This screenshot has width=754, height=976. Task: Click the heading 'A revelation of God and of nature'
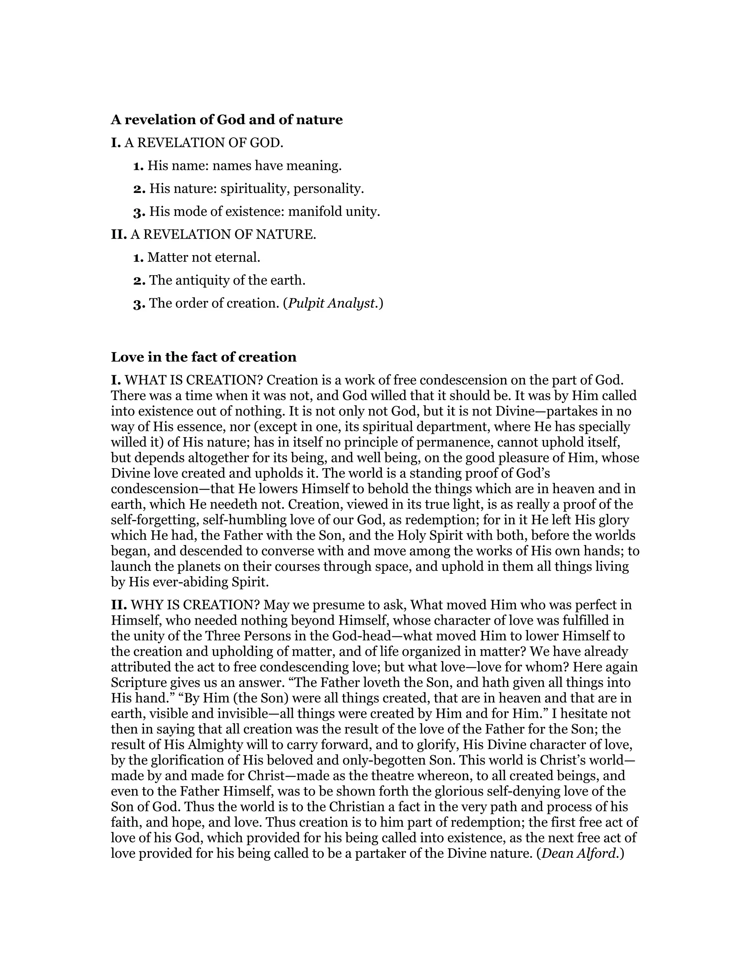[226, 120]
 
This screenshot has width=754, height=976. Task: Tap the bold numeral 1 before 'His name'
[138, 166]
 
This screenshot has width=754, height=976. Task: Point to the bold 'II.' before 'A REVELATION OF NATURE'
[119, 234]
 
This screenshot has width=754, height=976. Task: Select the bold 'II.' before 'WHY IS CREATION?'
[119, 605]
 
